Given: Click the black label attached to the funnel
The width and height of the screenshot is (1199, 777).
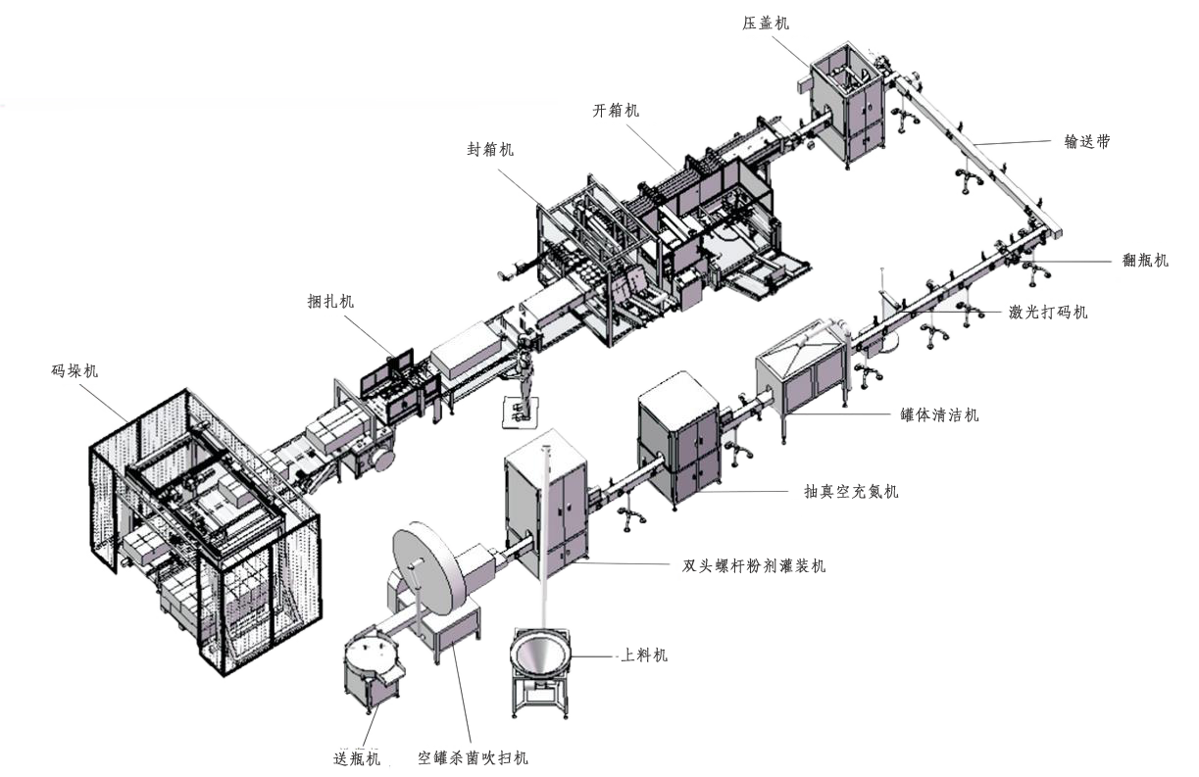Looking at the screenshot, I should click(644, 654).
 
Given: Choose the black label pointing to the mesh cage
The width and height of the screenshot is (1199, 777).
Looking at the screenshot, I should click(75, 370).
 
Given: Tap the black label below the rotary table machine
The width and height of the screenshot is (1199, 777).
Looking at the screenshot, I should click(356, 757).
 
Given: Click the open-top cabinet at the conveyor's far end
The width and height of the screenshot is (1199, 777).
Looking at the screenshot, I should click(846, 100).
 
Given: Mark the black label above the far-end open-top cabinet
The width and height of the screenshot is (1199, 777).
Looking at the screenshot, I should click(765, 22).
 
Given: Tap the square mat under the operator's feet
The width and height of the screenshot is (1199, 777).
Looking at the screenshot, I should click(517, 412).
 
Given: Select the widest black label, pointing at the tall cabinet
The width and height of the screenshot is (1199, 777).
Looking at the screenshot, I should click(753, 565).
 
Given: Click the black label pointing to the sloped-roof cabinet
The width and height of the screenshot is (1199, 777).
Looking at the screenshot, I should click(938, 413).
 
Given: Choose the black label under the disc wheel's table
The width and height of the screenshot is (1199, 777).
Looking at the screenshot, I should click(473, 757).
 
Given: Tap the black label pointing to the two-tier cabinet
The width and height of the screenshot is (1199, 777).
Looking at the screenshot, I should click(850, 490).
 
